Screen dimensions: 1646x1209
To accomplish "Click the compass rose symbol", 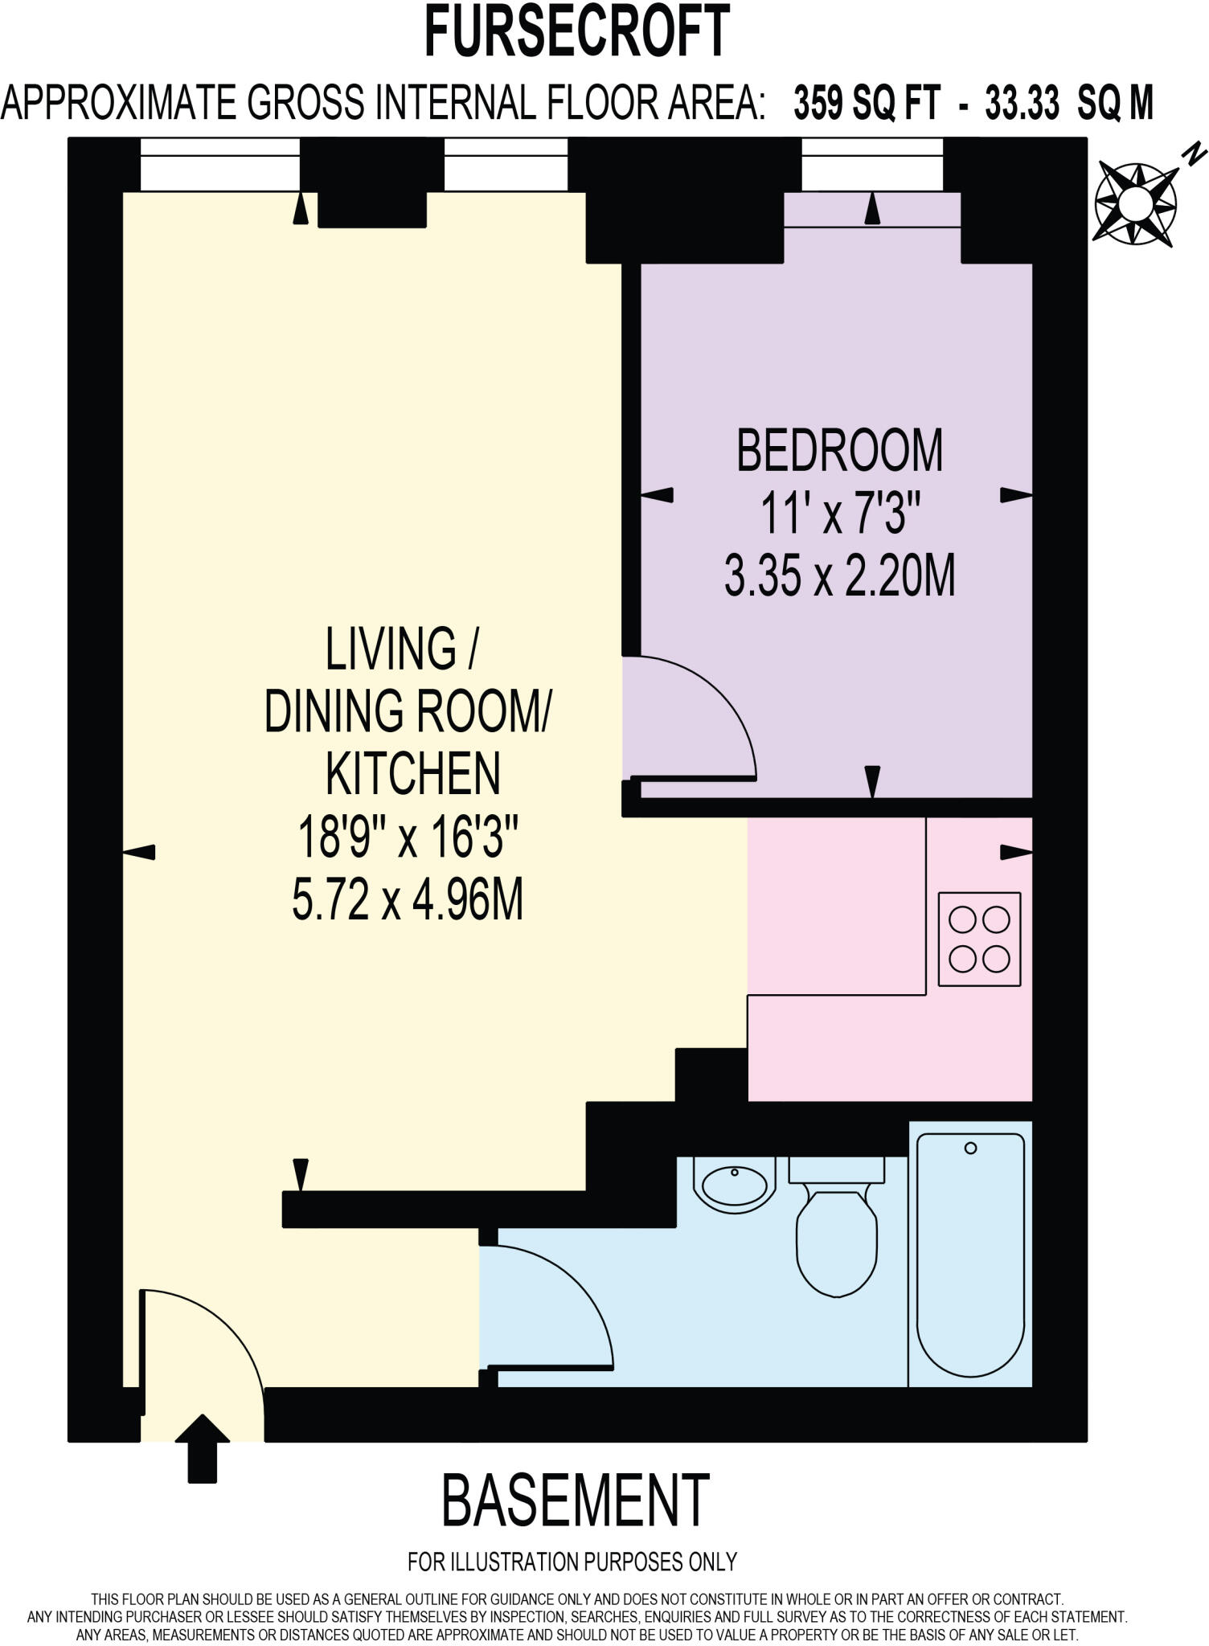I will [x=1136, y=203].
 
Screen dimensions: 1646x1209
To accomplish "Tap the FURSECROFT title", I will [x=576, y=32].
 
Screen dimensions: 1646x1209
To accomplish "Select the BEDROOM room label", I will [x=839, y=451].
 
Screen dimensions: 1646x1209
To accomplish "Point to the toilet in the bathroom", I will [x=836, y=1238].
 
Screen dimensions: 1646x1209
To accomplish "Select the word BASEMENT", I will [x=576, y=1501].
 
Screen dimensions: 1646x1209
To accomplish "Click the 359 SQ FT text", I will [x=867, y=104].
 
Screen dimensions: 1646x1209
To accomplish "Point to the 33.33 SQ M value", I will [x=1069, y=104].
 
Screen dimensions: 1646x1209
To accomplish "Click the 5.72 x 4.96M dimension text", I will [x=408, y=900].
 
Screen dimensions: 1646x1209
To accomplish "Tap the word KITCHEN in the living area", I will [x=412, y=774].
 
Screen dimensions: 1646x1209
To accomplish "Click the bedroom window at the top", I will [x=872, y=164].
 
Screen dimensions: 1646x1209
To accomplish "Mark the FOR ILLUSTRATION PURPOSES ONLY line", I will [x=572, y=1562].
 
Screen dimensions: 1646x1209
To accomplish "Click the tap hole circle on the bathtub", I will [x=970, y=1149].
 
